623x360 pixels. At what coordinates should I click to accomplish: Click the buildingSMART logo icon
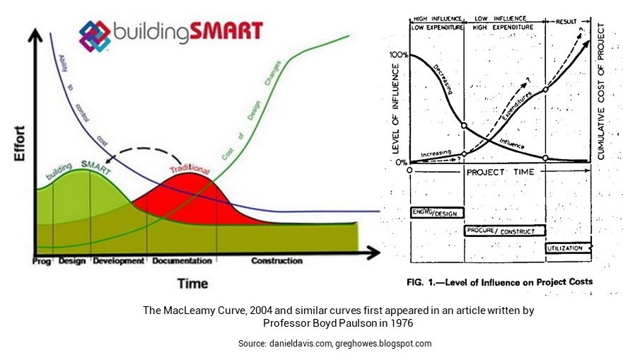click(x=95, y=35)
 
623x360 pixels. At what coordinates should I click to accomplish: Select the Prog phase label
click(x=42, y=261)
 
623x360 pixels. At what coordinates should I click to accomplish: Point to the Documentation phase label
click(x=182, y=261)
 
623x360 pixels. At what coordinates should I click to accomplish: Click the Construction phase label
click(x=276, y=261)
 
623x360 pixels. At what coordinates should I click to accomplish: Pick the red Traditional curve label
click(x=190, y=170)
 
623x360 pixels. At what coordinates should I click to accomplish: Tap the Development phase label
click(x=118, y=261)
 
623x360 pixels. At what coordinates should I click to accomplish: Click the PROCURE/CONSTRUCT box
click(x=505, y=231)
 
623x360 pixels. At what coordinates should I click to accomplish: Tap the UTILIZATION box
click(x=568, y=248)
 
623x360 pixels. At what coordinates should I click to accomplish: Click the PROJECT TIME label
click(x=499, y=172)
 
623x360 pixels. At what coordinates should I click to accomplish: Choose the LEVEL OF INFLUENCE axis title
click(x=395, y=109)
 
